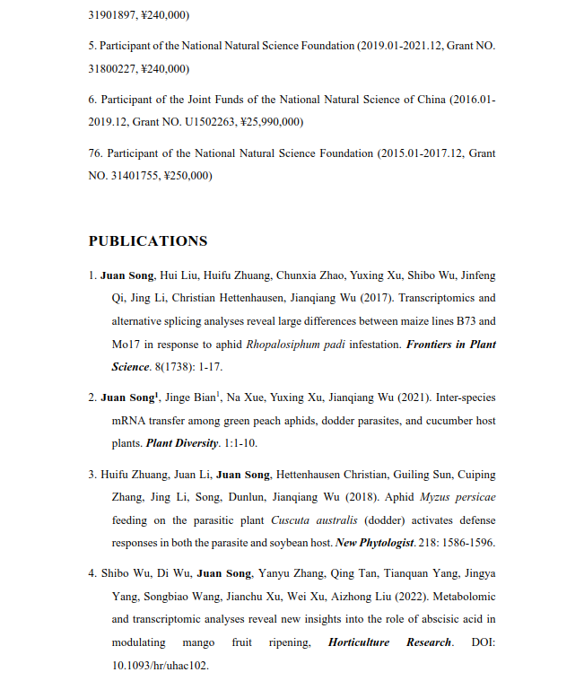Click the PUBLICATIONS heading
coord(147,240)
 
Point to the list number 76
coord(94,153)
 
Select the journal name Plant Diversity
coord(182,443)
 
